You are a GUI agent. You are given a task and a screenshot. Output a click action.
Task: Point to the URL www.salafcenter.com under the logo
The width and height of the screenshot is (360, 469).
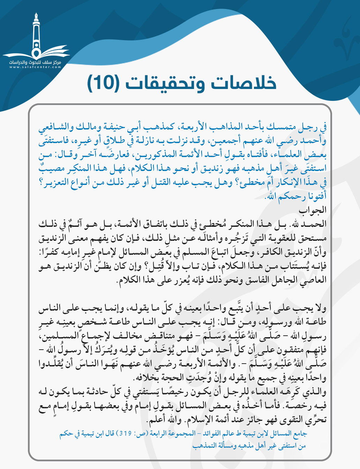35,67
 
